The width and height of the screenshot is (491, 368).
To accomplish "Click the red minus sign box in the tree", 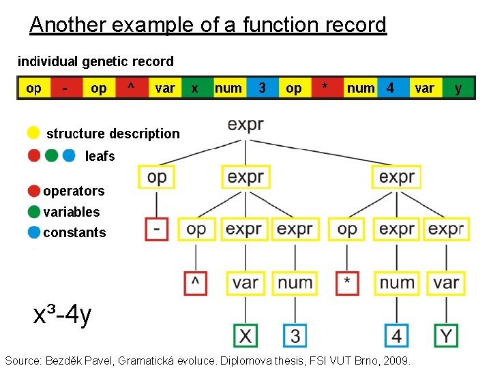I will (157, 229).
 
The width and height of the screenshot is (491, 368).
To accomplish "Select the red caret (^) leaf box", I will (196, 282).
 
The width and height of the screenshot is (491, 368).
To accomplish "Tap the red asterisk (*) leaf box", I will (347, 282).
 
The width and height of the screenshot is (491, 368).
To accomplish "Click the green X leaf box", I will (245, 335).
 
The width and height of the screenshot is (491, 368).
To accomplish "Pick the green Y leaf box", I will (446, 335).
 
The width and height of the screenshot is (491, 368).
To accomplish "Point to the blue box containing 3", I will (295, 335).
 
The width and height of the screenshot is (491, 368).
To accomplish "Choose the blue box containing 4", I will (397, 335).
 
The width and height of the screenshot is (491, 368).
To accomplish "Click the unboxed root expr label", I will (245, 125).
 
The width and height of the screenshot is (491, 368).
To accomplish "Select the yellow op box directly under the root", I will (157, 177).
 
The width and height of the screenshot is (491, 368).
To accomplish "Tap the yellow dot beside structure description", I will (33, 133).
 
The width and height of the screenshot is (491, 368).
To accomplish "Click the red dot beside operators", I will (33, 191).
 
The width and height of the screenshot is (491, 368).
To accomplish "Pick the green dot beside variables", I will (33, 212).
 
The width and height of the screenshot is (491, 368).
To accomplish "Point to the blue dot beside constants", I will (33, 232).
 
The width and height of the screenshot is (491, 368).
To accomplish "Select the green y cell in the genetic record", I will (458, 88).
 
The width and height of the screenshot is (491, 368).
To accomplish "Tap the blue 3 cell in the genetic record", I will (263, 88).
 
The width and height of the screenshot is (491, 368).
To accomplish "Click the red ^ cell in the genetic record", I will (130, 88).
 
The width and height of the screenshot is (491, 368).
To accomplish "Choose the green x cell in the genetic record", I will (195, 88).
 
